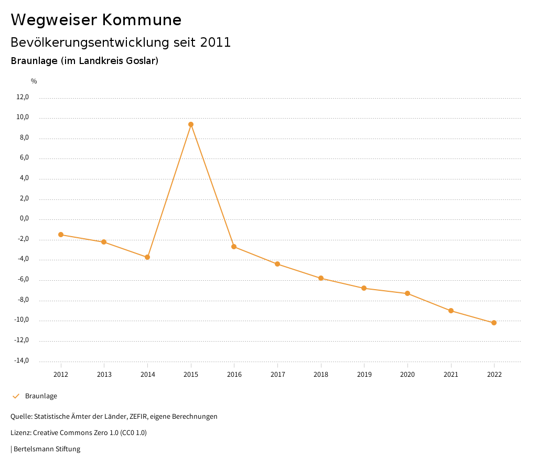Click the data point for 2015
coord(191,124)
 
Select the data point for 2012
coord(61,235)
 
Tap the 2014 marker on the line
coord(147,257)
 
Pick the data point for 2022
coord(494,323)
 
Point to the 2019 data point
coord(364,288)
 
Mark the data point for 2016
coord(234,247)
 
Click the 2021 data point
coord(451,311)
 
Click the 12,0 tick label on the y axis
coord(23,97)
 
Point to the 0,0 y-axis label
coord(24,219)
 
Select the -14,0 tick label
coord(22,361)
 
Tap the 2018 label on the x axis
coord(321,375)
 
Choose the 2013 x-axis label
coord(104,375)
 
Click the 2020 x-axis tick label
coord(407,375)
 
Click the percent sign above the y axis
coord(34,81)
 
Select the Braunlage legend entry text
coord(41,396)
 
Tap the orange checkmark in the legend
coord(16,396)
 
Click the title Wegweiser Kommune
coord(96,20)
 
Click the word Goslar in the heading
coord(141,61)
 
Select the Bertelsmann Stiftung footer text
coord(47,449)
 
